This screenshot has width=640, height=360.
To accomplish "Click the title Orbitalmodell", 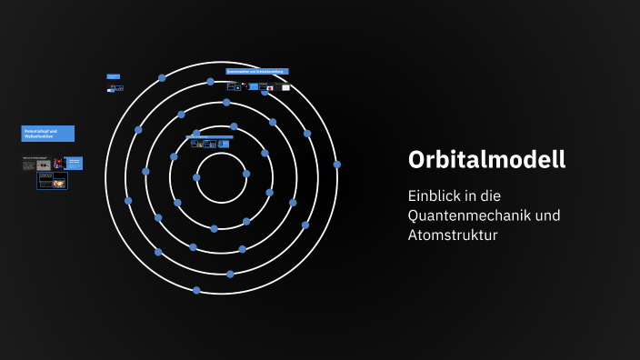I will [487, 159].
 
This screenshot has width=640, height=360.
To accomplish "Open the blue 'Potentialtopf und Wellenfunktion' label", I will [48, 134].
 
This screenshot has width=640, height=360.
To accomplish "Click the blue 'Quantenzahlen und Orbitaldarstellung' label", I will [257, 71].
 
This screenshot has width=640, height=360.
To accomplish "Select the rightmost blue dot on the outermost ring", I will [337, 165].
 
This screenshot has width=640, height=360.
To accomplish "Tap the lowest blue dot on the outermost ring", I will [196, 290].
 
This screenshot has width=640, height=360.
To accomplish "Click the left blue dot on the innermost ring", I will [196, 177].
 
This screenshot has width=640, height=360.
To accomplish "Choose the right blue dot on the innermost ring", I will [245, 174].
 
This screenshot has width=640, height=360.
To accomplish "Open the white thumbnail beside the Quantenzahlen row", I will [285, 87].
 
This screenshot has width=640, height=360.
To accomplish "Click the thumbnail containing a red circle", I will [269, 88].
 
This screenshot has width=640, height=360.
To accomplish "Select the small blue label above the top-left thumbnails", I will [114, 76].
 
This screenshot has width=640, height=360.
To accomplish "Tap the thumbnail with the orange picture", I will [58, 182].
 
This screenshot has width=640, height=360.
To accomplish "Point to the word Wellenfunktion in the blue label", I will [37, 137].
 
